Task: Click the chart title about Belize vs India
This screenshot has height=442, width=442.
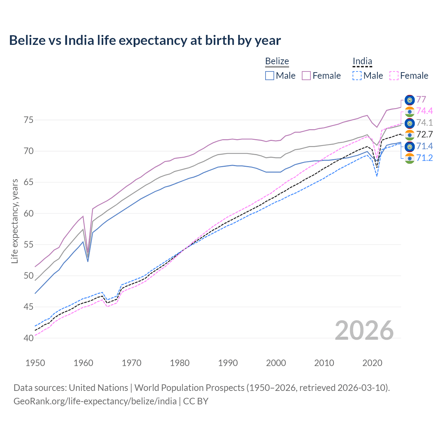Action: click(145, 40)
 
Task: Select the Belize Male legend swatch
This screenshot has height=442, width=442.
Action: click(270, 76)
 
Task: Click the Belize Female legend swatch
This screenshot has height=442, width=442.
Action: click(306, 76)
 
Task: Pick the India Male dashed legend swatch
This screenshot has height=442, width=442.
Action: click(357, 76)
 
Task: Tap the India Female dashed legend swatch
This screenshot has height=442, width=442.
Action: click(394, 76)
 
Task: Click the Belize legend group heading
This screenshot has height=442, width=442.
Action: click(277, 61)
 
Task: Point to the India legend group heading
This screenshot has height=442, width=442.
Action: click(362, 61)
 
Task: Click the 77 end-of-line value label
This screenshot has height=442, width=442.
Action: click(421, 99)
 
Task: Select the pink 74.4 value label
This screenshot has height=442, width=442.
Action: click(424, 111)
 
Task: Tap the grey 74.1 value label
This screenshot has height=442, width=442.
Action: click(424, 123)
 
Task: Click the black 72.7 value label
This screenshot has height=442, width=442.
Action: click(424, 134)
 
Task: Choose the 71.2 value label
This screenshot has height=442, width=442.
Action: click(424, 158)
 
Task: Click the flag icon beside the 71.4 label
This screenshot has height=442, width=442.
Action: click(410, 146)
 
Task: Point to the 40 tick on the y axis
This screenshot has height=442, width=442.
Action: click(29, 338)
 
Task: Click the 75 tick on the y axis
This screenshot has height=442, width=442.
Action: click(29, 120)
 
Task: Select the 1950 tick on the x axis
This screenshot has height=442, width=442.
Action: click(35, 363)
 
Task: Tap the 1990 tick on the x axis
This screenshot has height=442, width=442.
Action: click(228, 363)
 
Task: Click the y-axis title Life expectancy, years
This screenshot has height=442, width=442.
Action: click(15, 221)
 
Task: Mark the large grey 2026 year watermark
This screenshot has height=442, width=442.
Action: click(364, 330)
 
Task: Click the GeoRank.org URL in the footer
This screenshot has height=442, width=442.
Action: click(95, 401)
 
